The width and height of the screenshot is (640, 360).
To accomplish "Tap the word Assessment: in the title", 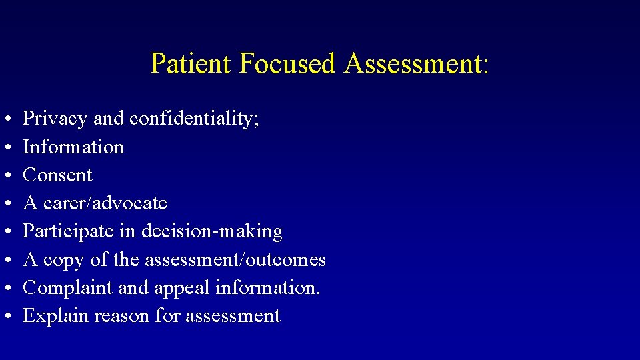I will [x=417, y=63].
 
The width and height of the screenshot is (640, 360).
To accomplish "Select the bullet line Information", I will [x=73, y=147].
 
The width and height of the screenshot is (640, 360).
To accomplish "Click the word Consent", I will [x=58, y=175].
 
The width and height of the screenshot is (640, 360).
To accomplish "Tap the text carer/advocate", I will [x=105, y=203].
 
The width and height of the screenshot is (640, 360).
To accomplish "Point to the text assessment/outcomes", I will [x=234, y=259].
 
